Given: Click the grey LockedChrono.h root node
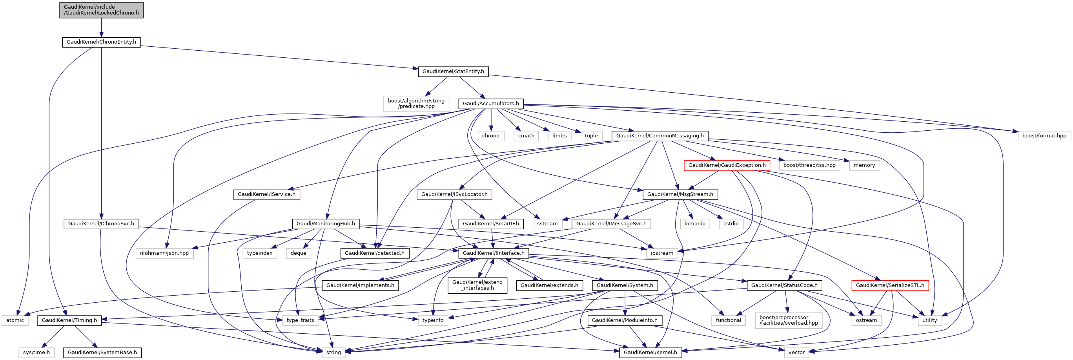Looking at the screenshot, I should [x=101, y=10].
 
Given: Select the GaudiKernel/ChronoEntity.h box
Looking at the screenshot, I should [x=101, y=42].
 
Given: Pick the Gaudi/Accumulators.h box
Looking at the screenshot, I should [x=491, y=104].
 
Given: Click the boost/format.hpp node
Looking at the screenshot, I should [x=1044, y=136].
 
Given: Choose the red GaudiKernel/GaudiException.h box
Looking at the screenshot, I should [x=727, y=165].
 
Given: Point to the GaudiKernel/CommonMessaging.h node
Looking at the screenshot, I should [x=660, y=136].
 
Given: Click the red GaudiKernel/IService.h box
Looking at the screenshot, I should [x=266, y=195].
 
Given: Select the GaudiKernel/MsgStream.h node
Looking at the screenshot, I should [x=680, y=195].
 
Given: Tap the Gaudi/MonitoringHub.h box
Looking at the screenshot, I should [x=326, y=224].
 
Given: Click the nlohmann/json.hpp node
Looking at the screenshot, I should [x=164, y=253].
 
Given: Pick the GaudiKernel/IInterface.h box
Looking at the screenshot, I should [x=494, y=253].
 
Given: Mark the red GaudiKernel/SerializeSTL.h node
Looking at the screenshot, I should [x=890, y=285].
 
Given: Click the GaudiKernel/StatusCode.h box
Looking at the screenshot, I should [x=784, y=285].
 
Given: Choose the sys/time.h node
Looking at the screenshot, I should [x=36, y=353].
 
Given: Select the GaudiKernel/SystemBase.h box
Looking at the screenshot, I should [x=102, y=353].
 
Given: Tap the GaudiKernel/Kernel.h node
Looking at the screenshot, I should [x=650, y=353].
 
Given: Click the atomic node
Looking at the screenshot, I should [x=15, y=320].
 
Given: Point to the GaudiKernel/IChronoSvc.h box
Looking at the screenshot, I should [x=101, y=224].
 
